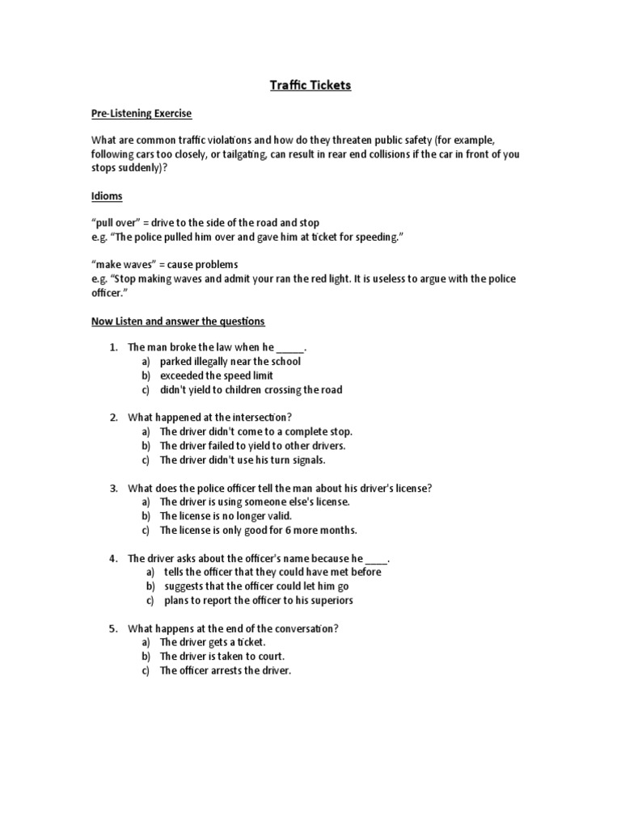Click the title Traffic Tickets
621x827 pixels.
310,85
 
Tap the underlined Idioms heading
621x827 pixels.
106,196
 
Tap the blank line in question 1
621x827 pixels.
290,348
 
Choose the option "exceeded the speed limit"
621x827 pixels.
216,376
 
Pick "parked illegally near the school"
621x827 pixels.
230,362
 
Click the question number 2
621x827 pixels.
114,418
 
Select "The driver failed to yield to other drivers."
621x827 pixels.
252,446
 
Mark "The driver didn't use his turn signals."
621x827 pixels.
243,460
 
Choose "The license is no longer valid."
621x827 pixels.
225,516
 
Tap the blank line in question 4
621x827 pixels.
377,559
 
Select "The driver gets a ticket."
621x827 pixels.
212,642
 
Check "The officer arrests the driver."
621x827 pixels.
225,670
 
